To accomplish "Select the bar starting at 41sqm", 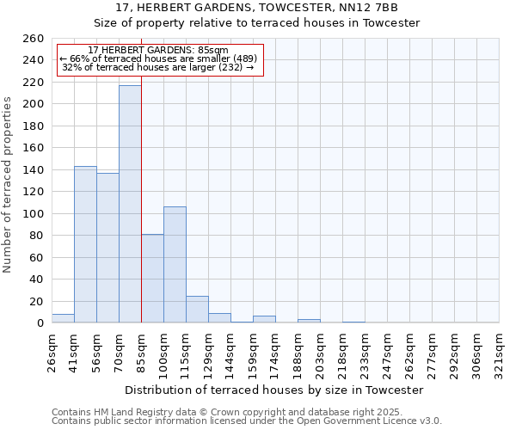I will point(85,244).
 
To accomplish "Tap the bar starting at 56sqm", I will point(107,248).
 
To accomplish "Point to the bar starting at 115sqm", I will point(197,310).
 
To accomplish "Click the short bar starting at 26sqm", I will point(63,318).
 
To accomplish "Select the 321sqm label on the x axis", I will point(500,351).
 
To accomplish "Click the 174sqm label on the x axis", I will point(276,351).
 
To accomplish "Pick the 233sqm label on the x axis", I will point(365,351).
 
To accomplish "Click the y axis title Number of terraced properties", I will point(8,185).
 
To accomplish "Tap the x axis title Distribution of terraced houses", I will point(274,390).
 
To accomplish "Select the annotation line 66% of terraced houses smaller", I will point(158,58).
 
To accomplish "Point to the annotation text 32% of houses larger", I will point(158,67).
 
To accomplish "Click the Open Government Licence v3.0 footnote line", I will point(247,421).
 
